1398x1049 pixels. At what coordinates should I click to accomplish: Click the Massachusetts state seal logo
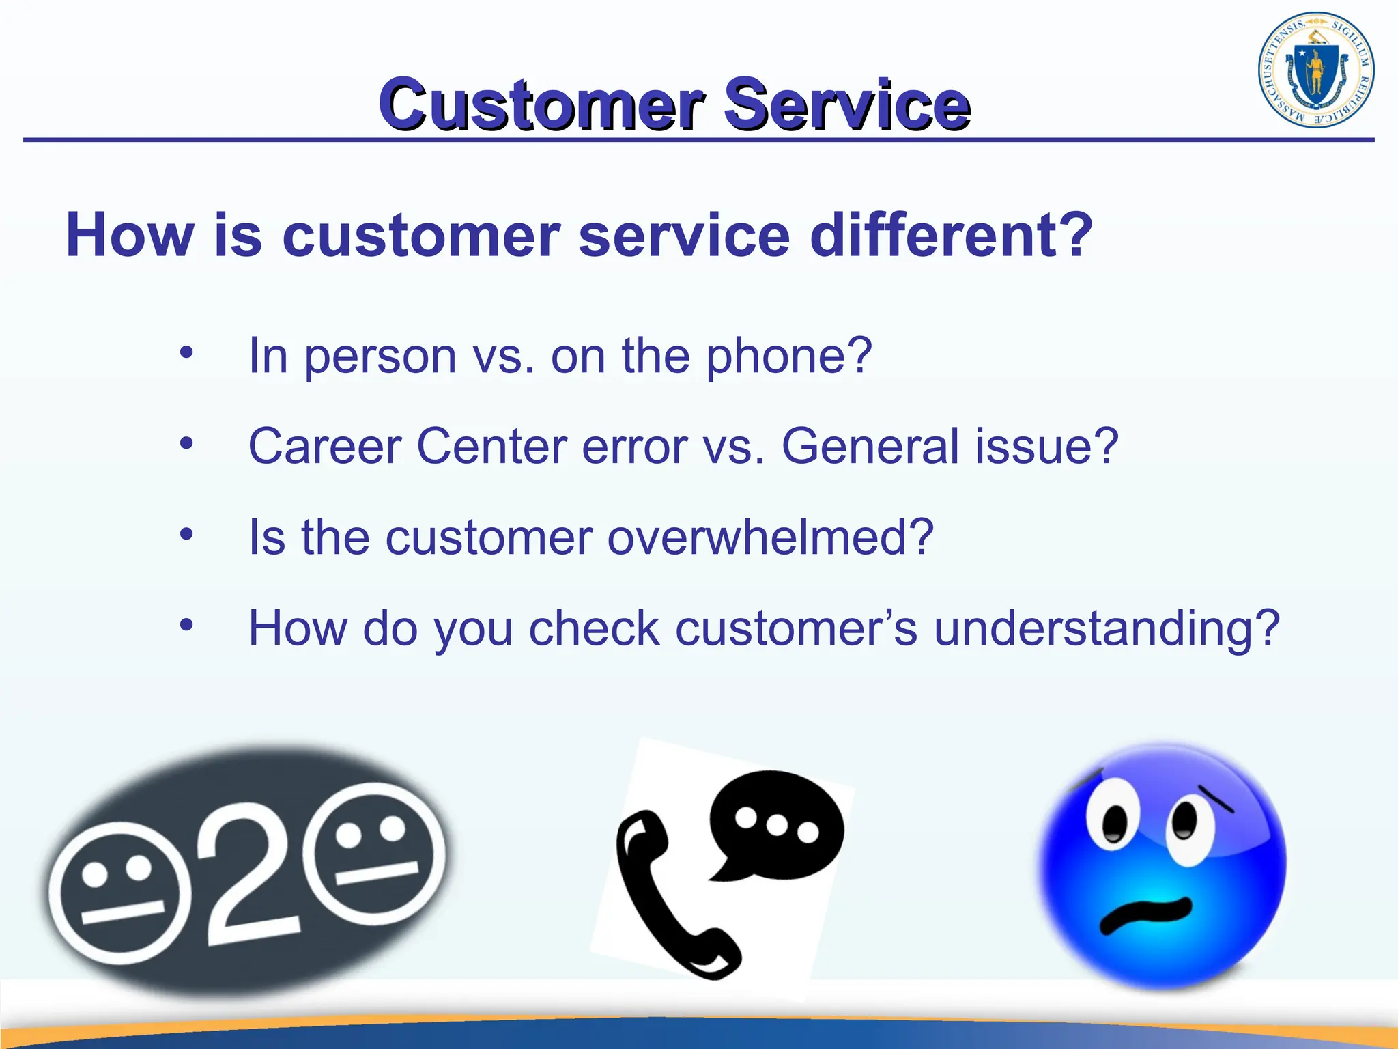1315,70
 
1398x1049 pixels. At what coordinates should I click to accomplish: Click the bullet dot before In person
186,353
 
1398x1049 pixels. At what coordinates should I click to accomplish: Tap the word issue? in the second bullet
1047,447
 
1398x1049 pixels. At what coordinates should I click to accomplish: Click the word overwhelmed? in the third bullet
770,537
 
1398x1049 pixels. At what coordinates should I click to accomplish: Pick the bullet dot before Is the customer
186,534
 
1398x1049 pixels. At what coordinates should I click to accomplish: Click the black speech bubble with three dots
777,823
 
